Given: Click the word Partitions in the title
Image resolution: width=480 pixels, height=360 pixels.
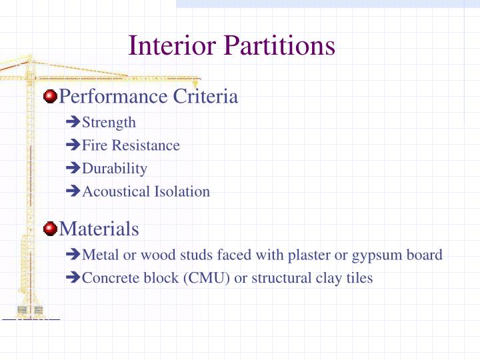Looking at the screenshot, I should point(279,46).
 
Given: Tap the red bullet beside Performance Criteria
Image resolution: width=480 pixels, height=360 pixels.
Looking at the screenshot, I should point(50,97).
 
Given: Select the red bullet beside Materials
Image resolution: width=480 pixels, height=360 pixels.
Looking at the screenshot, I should point(50,229).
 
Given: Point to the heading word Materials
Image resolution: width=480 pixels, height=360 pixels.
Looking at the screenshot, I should point(99,229).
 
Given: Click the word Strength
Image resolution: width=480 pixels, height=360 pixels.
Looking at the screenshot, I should point(109,123).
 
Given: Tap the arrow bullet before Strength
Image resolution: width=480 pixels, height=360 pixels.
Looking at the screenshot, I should point(73,123).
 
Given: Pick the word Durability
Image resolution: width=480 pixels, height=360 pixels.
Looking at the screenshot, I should point(114,169).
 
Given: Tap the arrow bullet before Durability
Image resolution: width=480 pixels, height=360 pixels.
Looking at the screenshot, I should point(73,169).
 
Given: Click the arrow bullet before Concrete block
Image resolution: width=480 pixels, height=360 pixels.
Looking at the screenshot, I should point(73,278).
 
